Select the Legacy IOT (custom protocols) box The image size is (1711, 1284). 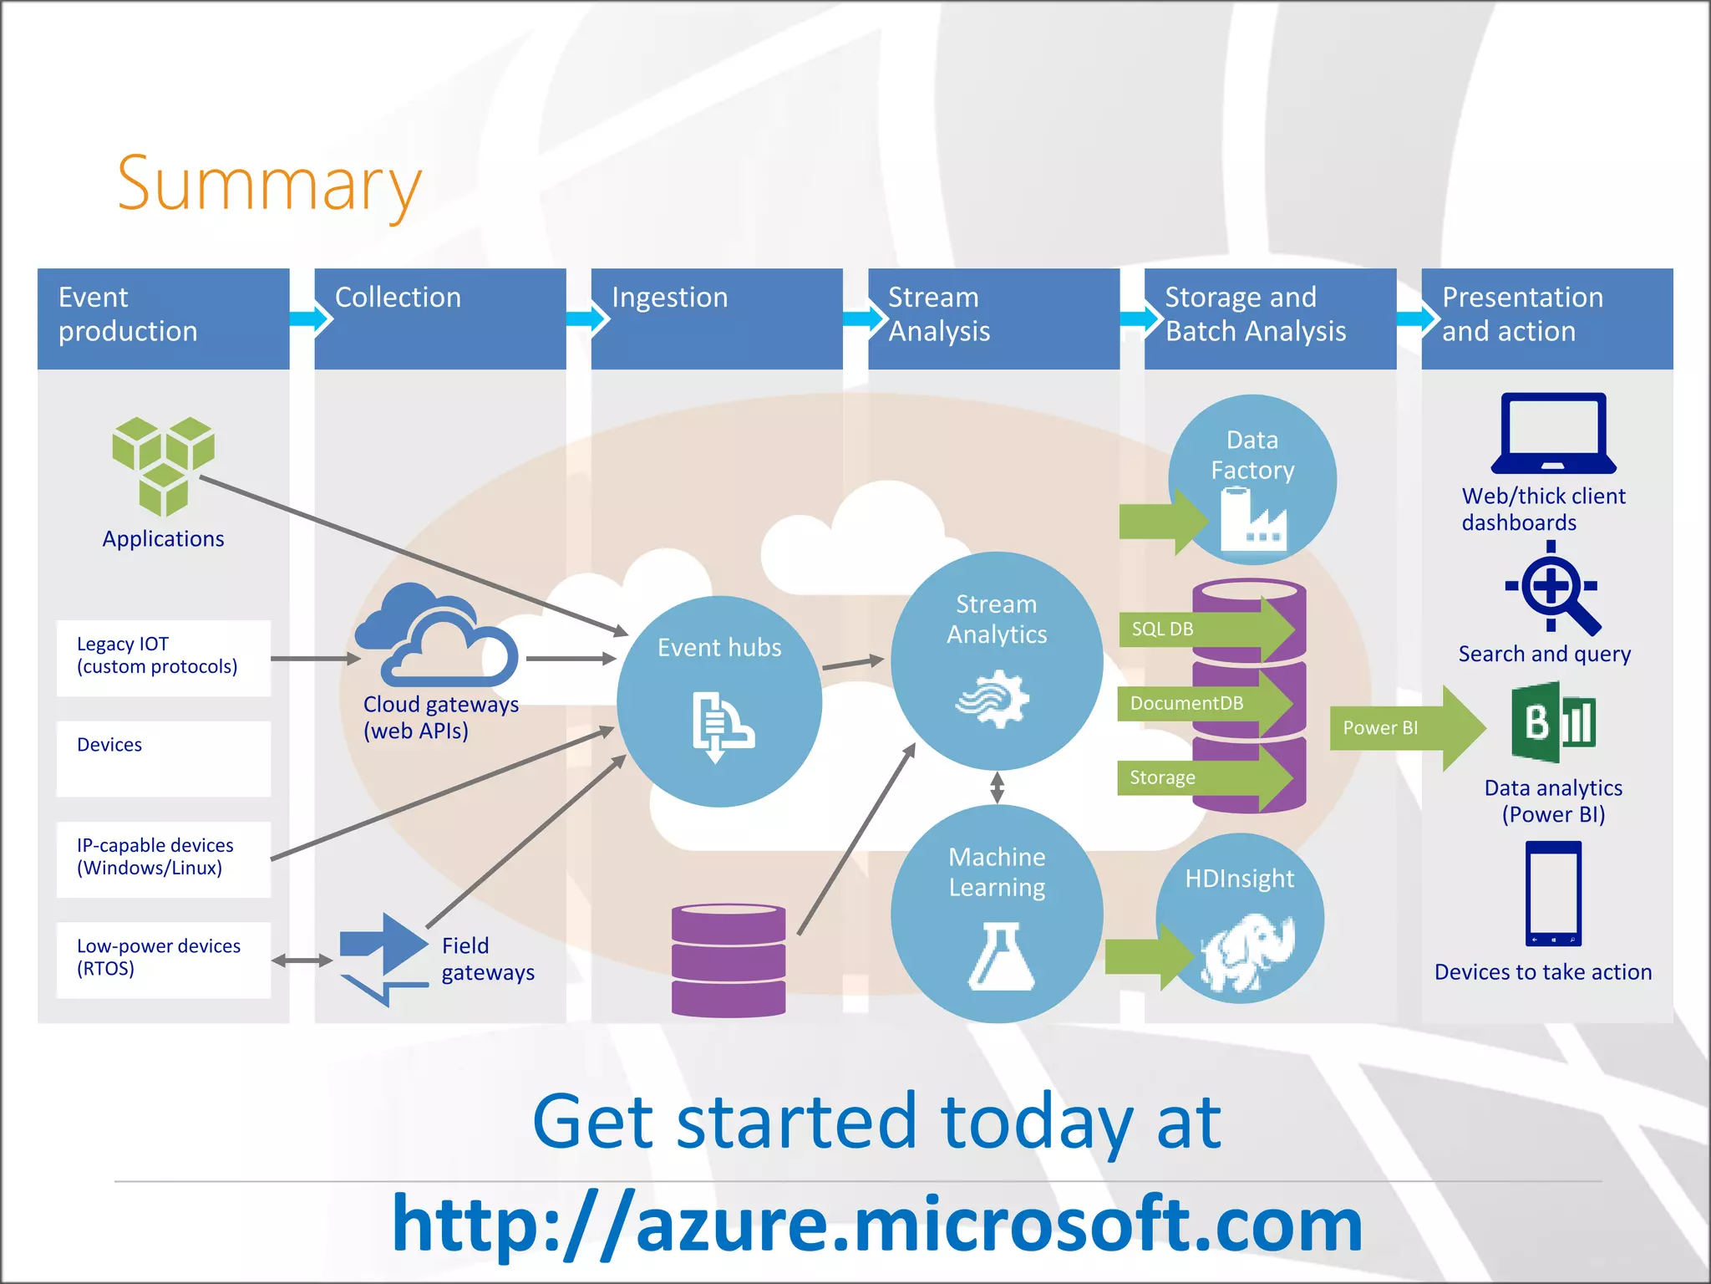164,657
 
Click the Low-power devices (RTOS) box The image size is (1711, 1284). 164,959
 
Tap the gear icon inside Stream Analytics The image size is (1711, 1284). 995,698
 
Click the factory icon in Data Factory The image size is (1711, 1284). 1252,520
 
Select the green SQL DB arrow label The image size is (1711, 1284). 1203,629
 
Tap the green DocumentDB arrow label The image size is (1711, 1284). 1203,704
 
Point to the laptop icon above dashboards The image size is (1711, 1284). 1553,433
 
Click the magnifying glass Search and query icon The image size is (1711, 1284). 1553,588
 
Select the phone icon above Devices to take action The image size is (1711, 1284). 1553,894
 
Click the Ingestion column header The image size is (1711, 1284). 716,318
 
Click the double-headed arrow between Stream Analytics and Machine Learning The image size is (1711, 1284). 997,787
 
